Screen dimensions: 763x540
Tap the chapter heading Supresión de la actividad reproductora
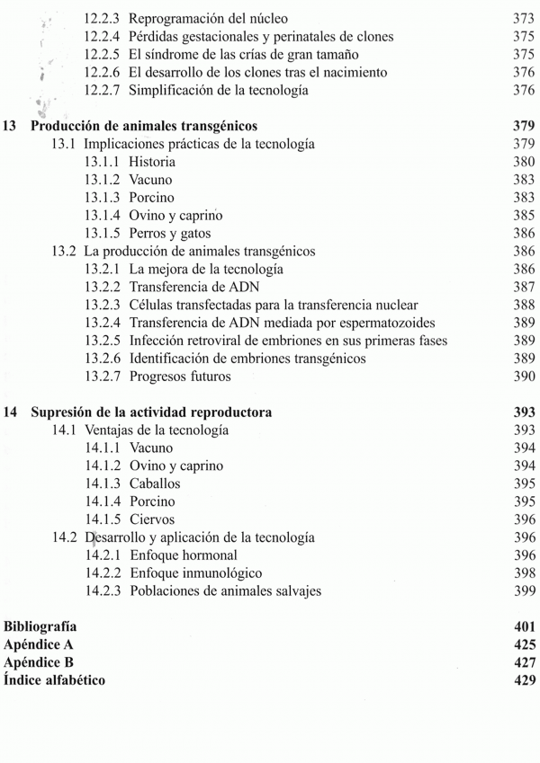point(152,413)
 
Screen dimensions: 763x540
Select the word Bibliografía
point(40,626)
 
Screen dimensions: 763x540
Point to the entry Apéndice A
point(39,644)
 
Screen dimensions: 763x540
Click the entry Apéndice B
point(39,662)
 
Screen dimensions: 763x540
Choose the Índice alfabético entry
point(55,680)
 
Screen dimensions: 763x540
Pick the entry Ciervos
point(152,519)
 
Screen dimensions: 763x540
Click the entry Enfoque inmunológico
point(195,573)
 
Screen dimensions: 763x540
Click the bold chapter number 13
point(11,126)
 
